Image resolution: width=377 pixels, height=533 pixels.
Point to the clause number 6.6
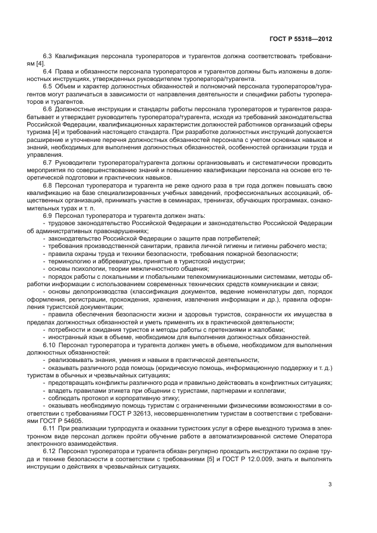48,108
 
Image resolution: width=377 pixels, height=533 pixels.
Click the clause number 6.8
48,185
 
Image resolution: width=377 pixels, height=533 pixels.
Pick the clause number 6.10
50,345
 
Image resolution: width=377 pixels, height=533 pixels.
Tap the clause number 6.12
50,436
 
